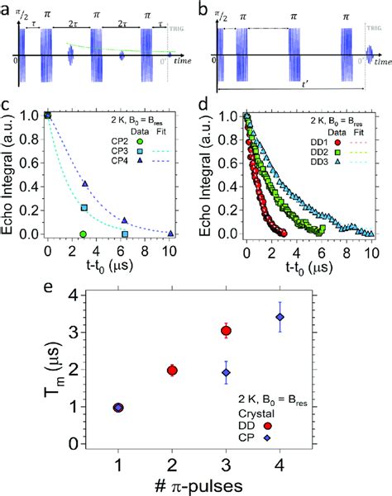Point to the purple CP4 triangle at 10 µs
[x=169, y=233]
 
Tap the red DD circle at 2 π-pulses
[x=172, y=370]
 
